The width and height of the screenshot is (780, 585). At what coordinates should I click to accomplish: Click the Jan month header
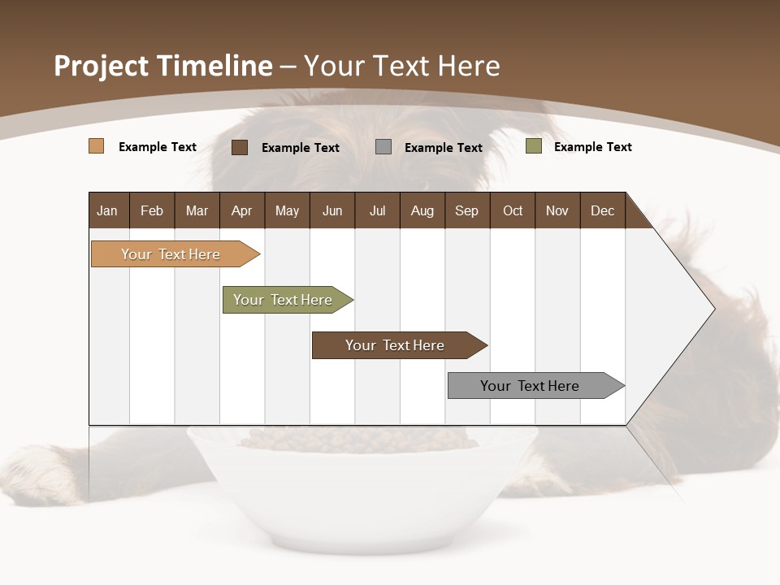tap(108, 210)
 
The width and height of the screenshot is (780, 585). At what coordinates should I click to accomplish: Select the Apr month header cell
tap(242, 210)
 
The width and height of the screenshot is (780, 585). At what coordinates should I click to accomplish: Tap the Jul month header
tap(377, 210)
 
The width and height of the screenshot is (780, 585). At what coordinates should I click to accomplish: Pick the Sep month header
tap(467, 210)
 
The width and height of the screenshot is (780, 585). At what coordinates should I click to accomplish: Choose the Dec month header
tap(602, 210)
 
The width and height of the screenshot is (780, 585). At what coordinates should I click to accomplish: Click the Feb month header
tap(152, 210)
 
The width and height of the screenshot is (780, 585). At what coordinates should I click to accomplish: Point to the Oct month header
tap(513, 210)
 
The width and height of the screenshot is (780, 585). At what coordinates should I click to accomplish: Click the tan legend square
tap(97, 146)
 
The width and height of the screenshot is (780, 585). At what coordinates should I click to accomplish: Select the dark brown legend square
tap(240, 147)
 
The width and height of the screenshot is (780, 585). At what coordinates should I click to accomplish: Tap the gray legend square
tap(383, 147)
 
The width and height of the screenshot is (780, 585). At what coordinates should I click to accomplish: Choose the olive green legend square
tap(534, 146)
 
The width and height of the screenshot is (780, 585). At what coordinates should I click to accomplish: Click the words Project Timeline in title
tap(163, 66)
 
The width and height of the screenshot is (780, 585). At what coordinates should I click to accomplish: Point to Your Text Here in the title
tap(402, 66)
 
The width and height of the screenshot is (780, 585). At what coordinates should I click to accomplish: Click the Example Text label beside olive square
tap(592, 147)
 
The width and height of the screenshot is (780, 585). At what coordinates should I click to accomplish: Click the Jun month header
tap(332, 210)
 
